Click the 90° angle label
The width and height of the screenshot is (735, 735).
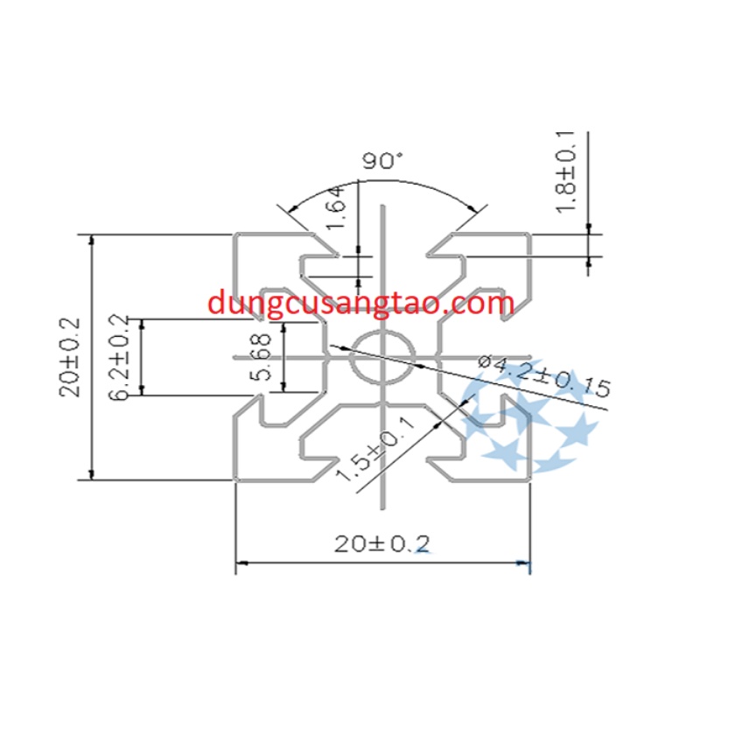[x=382, y=161]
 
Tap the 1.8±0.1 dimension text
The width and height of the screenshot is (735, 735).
[x=566, y=171]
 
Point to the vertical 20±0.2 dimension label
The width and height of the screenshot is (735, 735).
[x=70, y=357]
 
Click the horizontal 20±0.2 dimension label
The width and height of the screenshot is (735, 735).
[x=383, y=544]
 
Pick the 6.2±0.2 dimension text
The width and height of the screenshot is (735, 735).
[x=120, y=357]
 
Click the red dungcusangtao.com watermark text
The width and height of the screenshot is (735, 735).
[x=361, y=303]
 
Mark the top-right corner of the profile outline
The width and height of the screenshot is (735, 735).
[x=530, y=234]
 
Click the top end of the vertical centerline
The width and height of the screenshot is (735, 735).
[x=382, y=206]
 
